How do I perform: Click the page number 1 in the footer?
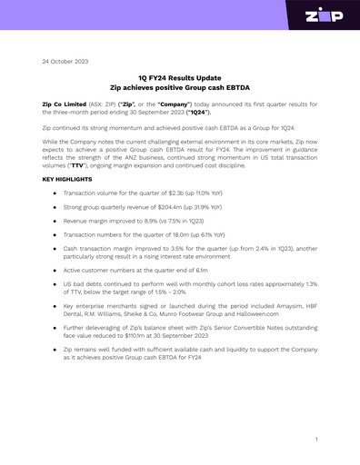315,439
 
